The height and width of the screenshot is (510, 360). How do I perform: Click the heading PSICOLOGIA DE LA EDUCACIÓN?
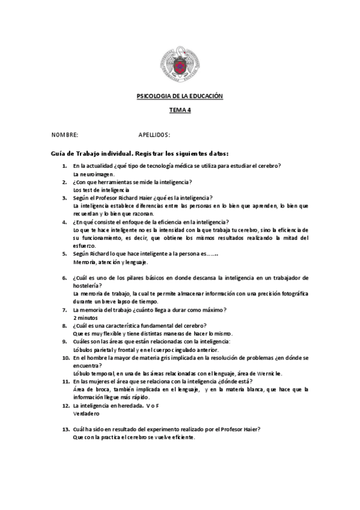(x=180, y=96)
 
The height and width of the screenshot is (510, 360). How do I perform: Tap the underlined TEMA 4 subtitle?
(x=180, y=110)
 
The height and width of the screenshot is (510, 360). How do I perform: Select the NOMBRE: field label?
(x=64, y=135)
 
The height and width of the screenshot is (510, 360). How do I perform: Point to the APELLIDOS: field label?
(x=154, y=135)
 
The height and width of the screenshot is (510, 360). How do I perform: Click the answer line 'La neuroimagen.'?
(x=93, y=173)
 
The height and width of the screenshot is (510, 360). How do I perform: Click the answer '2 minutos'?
(x=85, y=317)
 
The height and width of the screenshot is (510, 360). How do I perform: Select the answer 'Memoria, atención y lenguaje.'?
(x=110, y=262)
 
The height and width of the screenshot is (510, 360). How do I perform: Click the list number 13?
(x=66, y=429)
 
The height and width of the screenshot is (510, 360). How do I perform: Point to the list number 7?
(x=66, y=309)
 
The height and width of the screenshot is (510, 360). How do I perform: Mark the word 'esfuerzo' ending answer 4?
(x=84, y=245)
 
